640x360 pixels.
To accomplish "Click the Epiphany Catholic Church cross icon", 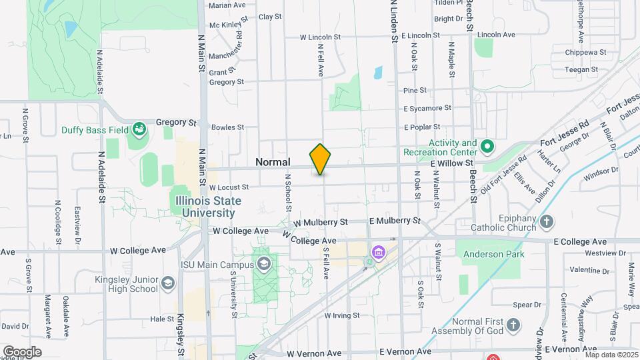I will point(547,221).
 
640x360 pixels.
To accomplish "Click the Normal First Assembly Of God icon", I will point(513,325).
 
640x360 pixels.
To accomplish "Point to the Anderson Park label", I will point(495,254).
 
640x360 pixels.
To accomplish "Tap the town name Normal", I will point(273,162).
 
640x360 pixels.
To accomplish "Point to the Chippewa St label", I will point(585,52).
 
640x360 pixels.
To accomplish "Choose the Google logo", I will point(22,352).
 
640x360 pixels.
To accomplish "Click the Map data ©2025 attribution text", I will point(611,355).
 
